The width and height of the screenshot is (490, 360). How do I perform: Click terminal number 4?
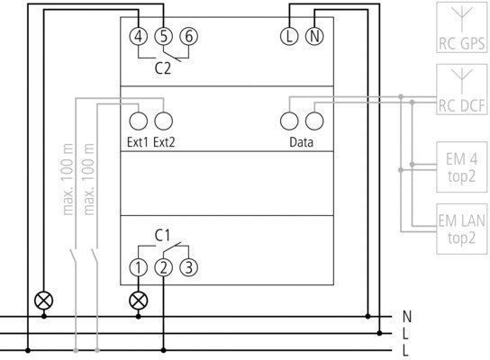pos(139,36)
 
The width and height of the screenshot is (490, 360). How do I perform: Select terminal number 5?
pos(163,36)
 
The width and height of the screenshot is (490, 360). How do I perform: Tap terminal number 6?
pos(189,36)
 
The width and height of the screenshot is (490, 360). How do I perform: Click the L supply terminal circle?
pos(289,36)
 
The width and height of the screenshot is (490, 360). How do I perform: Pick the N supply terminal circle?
pos(314,36)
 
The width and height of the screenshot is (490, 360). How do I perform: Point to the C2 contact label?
pos(163,68)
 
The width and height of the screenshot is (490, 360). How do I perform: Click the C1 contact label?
pos(162,236)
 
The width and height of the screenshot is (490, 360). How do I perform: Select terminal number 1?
pos(139,267)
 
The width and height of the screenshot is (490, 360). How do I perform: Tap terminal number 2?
pos(163,267)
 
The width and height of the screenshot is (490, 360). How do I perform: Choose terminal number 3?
pos(189,267)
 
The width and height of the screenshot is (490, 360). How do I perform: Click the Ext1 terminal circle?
pos(139,121)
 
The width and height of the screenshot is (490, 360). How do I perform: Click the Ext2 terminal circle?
pos(163,121)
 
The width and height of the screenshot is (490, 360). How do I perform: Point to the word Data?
pos(301,142)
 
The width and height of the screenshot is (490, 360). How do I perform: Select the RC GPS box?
pos(462,27)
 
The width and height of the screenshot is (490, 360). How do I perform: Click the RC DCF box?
pos(462,89)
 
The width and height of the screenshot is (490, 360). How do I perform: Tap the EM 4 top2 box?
pos(462,167)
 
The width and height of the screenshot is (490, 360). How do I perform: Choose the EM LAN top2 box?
pos(462,229)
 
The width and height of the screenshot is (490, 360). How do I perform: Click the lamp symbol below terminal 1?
pos(139,301)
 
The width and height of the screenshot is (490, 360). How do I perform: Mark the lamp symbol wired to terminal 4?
pos(44,301)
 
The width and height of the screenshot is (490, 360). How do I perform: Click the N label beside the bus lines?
pos(406,317)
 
